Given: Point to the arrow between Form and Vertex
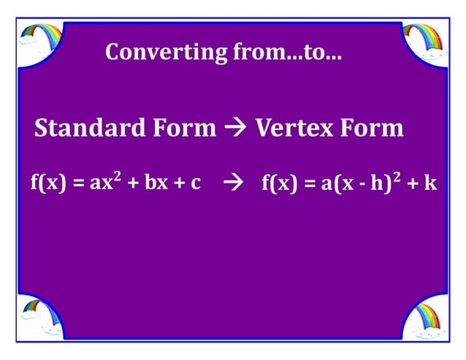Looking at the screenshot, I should click(236, 129).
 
